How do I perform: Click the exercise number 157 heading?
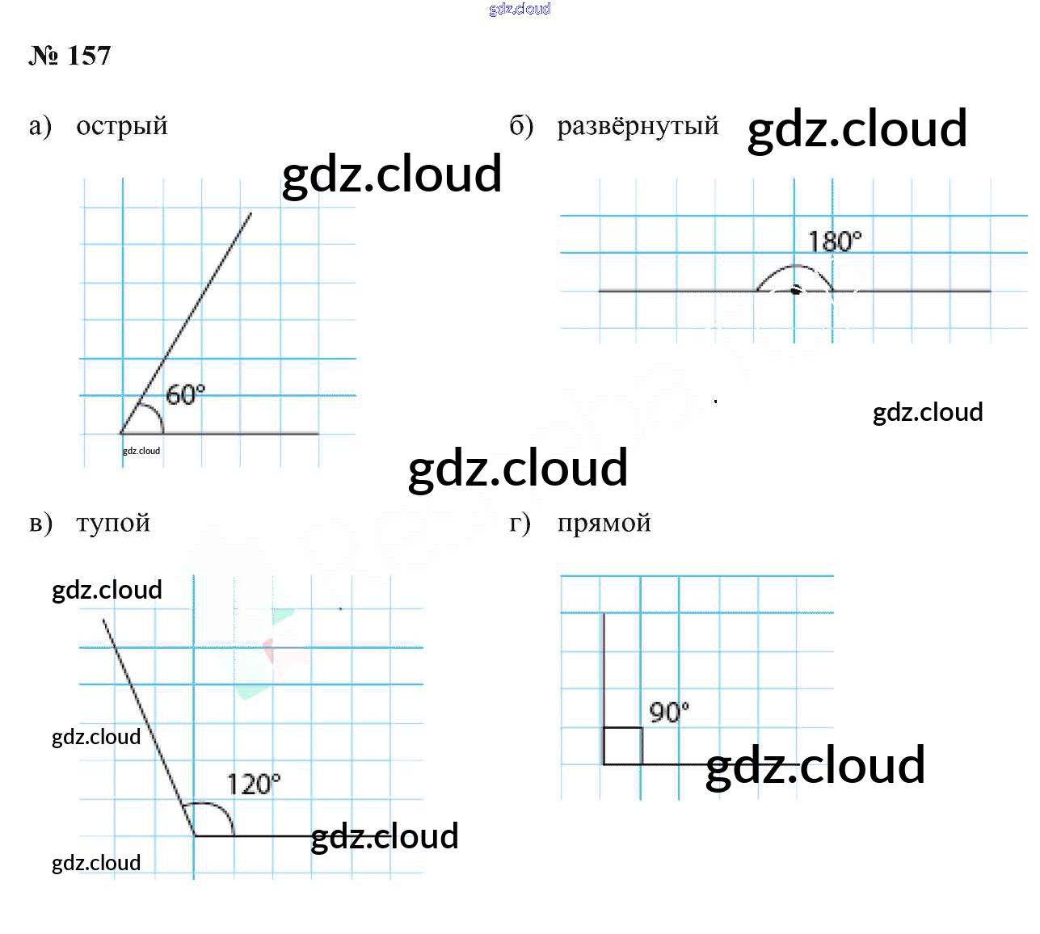click(70, 56)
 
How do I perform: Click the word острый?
click(121, 126)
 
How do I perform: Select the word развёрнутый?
click(638, 126)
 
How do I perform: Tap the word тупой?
click(113, 523)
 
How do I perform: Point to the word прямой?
click(604, 523)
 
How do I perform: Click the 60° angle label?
click(185, 394)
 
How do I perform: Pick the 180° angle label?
click(835, 241)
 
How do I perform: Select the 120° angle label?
click(253, 784)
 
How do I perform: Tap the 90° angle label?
click(669, 712)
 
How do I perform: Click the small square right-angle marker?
click(623, 746)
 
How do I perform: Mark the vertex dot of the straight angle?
click(795, 290)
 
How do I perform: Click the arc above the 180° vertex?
click(794, 267)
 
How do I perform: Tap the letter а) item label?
click(40, 126)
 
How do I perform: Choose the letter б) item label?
click(521, 126)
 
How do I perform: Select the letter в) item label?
click(40, 523)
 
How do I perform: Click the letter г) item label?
click(520, 523)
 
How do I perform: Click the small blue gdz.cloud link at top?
click(520, 9)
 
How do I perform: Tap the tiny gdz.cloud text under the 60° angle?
click(141, 451)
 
